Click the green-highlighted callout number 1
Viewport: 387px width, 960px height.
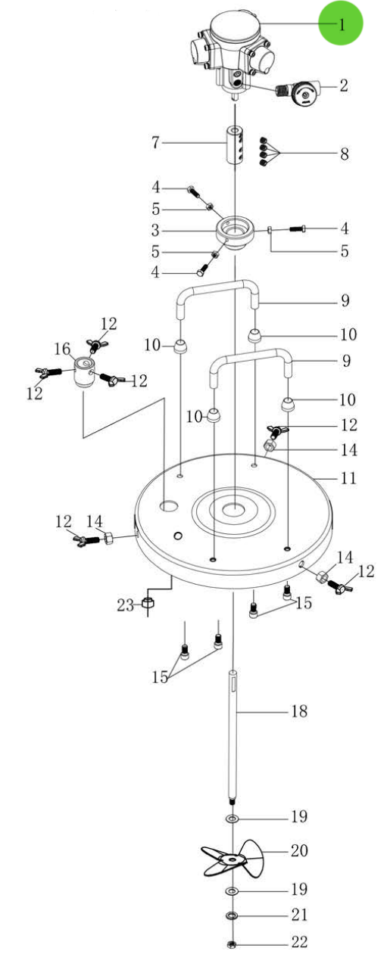pos(341,24)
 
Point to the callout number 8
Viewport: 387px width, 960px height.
pos(344,154)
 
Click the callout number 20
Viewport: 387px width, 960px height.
pos(299,850)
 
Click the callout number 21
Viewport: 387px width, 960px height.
pos(299,915)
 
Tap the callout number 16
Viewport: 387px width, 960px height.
pos(62,348)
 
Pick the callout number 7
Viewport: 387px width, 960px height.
pos(155,143)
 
